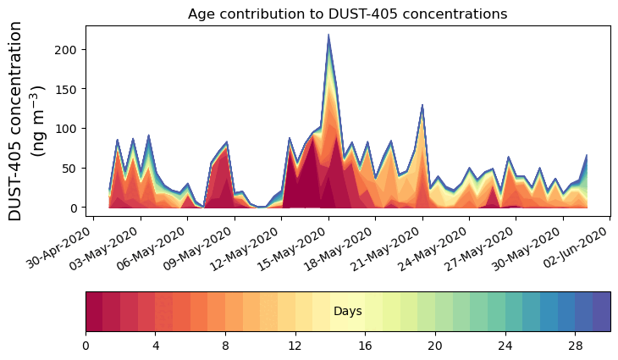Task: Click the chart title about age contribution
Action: [347, 14]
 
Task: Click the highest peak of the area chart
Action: [328, 36]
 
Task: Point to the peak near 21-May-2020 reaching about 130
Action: [422, 106]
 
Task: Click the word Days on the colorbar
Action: [347, 312]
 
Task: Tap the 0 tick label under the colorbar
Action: [86, 346]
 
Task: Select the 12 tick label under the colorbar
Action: [295, 346]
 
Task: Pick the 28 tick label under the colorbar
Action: [575, 346]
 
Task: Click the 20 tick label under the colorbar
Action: [435, 346]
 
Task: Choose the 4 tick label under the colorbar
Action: [156, 346]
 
